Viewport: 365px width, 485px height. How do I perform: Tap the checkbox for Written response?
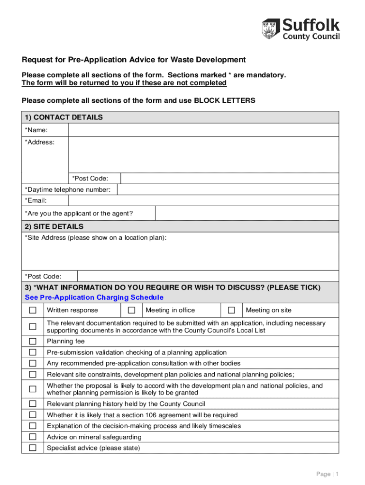tap(33, 310)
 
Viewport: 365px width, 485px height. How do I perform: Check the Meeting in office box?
tap(132, 310)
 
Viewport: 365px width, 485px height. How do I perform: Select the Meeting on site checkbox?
tap(231, 310)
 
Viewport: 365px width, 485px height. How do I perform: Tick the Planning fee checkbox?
tap(33, 341)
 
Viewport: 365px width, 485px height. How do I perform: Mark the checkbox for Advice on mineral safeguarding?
tap(33, 437)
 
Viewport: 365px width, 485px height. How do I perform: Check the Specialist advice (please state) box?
tap(33, 448)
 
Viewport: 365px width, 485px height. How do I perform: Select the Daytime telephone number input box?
tap(228, 189)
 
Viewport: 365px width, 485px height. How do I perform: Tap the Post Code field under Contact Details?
tap(229, 178)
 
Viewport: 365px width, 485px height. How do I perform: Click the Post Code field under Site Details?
tap(208, 276)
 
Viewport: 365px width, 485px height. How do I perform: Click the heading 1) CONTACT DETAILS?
tap(64, 117)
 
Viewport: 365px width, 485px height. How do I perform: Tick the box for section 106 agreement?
tap(33, 415)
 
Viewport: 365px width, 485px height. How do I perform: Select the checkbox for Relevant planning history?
tap(33, 404)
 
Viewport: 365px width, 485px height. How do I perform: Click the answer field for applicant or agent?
tap(247, 213)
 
